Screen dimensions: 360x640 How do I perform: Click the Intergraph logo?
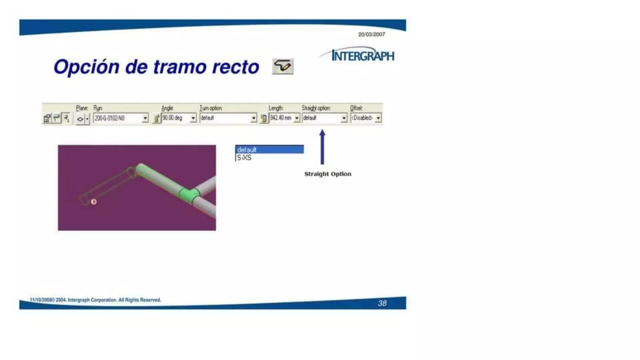pyautogui.click(x=362, y=55)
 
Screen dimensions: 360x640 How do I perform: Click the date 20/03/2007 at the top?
pyautogui.click(x=371, y=34)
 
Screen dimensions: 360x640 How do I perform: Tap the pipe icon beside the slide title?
pyautogui.click(x=282, y=66)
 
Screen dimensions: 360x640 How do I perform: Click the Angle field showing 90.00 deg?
pyautogui.click(x=175, y=118)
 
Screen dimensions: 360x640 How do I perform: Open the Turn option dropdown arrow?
pyautogui.click(x=254, y=118)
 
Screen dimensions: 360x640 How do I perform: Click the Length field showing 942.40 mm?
pyautogui.click(x=281, y=118)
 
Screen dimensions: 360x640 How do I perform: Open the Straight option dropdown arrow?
pyautogui.click(x=344, y=118)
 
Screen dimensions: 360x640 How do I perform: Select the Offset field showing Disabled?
pyautogui.click(x=362, y=118)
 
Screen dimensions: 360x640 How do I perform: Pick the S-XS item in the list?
pyautogui.click(x=244, y=158)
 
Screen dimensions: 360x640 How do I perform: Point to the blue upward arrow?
pyautogui.click(x=322, y=147)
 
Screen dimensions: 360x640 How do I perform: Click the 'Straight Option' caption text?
pyautogui.click(x=327, y=174)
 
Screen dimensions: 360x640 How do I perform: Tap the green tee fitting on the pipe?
pyautogui.click(x=189, y=195)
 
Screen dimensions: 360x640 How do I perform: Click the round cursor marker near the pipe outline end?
pyautogui.click(x=94, y=202)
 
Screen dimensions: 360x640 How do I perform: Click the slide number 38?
pyautogui.click(x=382, y=303)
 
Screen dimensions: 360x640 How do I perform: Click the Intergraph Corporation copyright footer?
pyautogui.click(x=95, y=300)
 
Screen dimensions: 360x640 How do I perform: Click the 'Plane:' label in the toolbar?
pyautogui.click(x=82, y=108)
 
